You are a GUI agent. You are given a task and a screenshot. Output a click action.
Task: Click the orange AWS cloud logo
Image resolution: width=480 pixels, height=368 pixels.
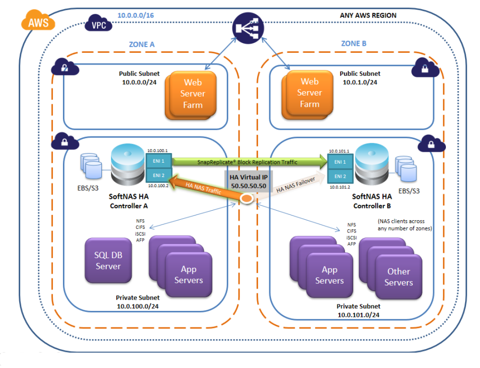click(35, 22)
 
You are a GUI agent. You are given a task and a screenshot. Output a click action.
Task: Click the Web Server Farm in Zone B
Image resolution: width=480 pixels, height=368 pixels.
click(309, 93)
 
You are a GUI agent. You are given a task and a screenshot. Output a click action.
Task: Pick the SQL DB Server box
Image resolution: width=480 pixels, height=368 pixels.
click(108, 261)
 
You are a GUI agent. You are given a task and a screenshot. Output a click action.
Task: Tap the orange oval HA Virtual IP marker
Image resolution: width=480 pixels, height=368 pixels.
click(247, 199)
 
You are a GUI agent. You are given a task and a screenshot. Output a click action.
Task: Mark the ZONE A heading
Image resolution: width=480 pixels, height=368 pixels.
click(142, 45)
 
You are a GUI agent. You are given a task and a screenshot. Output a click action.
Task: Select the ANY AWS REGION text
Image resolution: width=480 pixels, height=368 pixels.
click(368, 15)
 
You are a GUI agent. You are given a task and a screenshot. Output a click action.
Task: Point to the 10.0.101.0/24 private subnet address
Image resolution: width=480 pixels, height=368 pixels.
click(358, 315)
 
